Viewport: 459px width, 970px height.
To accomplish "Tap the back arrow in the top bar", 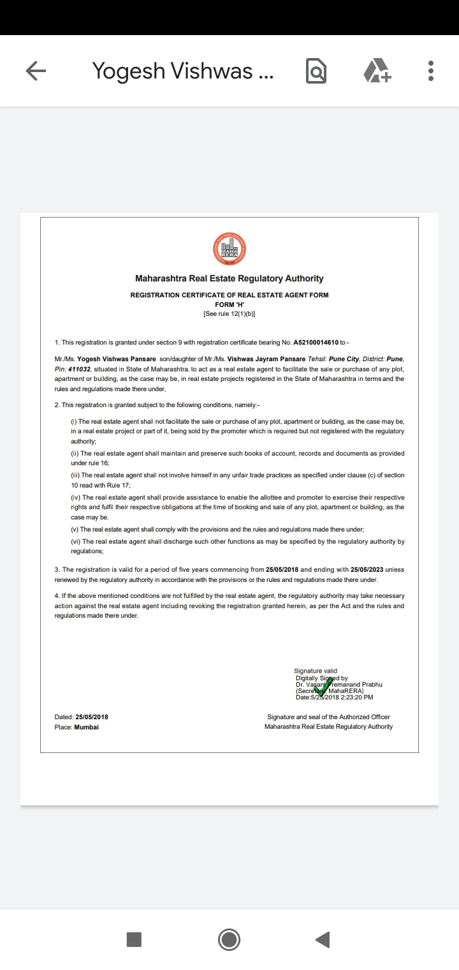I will (x=36, y=71).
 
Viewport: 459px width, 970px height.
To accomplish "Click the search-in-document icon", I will (x=316, y=71).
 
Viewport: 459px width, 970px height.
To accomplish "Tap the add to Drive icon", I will (x=377, y=71).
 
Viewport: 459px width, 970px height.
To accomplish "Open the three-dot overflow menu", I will (x=431, y=71).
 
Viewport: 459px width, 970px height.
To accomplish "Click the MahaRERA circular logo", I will (x=229, y=250).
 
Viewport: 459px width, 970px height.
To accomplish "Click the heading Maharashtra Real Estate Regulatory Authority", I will (x=229, y=278).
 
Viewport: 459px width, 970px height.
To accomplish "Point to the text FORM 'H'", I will (x=229, y=304).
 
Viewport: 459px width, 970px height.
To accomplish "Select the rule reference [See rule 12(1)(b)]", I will (x=229, y=314).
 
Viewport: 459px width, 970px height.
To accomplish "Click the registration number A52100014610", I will (x=320, y=343).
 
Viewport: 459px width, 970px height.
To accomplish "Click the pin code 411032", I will (x=78, y=369).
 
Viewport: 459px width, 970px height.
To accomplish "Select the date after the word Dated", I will (x=92, y=717).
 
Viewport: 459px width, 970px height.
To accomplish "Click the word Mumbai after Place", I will (x=87, y=727).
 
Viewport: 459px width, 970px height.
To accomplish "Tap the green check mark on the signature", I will (x=324, y=687).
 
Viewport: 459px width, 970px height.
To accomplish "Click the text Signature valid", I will (x=316, y=671).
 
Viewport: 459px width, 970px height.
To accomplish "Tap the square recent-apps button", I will (x=134, y=939).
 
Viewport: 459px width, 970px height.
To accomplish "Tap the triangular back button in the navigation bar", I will (x=323, y=939).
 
